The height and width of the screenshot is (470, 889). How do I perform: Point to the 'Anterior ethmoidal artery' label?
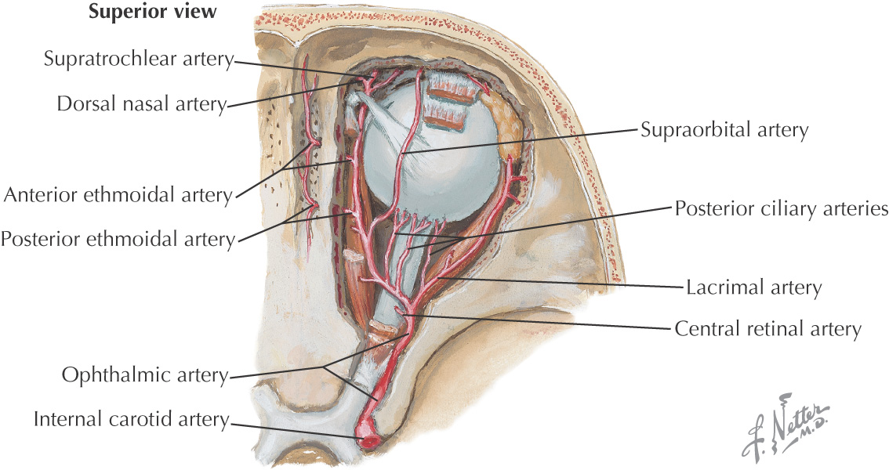click(118, 195)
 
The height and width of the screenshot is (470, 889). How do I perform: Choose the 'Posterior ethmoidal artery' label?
click(118, 238)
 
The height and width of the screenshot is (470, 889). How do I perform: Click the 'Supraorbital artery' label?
click(724, 129)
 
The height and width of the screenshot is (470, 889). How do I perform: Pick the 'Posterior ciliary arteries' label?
click(781, 209)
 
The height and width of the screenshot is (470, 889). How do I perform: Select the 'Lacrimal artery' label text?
click(753, 288)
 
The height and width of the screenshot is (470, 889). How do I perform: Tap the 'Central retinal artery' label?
click(767, 329)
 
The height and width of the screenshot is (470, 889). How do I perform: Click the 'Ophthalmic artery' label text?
click(145, 376)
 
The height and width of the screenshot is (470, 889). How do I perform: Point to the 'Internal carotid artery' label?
click(130, 421)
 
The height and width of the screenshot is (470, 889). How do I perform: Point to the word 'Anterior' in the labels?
click(39, 195)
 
